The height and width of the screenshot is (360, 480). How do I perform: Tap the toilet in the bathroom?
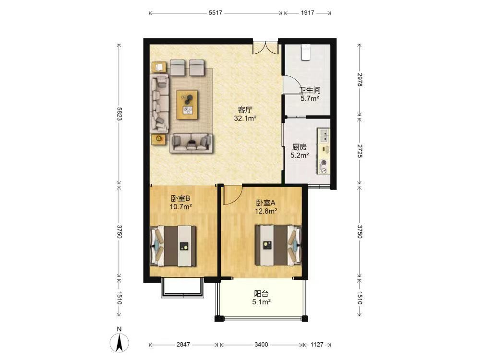pos(306,52)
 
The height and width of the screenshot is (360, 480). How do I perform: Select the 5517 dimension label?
pos(216,13)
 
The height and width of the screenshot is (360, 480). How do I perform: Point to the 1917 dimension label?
pos(307,13)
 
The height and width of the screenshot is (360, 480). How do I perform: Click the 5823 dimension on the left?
pos(120,114)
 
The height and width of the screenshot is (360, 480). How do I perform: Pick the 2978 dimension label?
pos(360,80)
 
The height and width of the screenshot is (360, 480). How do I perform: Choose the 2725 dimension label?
pos(360,151)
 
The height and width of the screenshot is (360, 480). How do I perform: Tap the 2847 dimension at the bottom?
pos(183,345)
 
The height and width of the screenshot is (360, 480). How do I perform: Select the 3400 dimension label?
pos(261,345)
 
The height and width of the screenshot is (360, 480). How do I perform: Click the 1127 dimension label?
pos(317,345)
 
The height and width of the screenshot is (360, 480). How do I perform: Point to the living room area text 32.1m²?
pos(245,118)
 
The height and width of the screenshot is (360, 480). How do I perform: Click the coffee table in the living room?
pos(187,105)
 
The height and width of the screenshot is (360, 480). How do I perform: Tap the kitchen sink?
pos(324,135)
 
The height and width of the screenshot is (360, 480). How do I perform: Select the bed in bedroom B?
pos(173,246)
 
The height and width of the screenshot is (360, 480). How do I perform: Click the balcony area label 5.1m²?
pos(261,302)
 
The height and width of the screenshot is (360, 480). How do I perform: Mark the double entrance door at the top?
pos(265,48)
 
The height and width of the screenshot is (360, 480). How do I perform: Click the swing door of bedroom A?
pos(232,195)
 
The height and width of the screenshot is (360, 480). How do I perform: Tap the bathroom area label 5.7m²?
pos(310,98)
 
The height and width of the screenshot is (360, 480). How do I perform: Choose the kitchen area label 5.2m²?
pos(300,155)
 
